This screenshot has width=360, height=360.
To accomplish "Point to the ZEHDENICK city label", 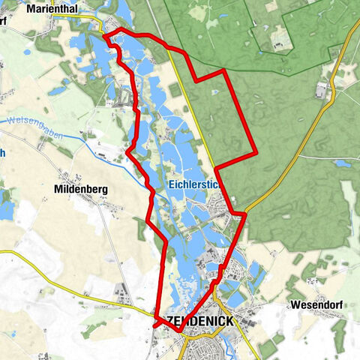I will click(196, 321).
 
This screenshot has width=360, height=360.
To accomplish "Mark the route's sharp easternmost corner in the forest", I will click(256, 152).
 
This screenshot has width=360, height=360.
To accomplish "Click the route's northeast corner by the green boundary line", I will click(225, 71).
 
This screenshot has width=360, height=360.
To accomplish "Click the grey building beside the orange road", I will click(322, 91).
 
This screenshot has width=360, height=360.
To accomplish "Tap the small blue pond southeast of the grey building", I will click(343, 163).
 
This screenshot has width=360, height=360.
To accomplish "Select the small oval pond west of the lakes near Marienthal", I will click(58, 91).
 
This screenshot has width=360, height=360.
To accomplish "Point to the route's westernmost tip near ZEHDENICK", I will click(154, 325).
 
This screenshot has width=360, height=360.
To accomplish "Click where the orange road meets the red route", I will click(244, 215).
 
